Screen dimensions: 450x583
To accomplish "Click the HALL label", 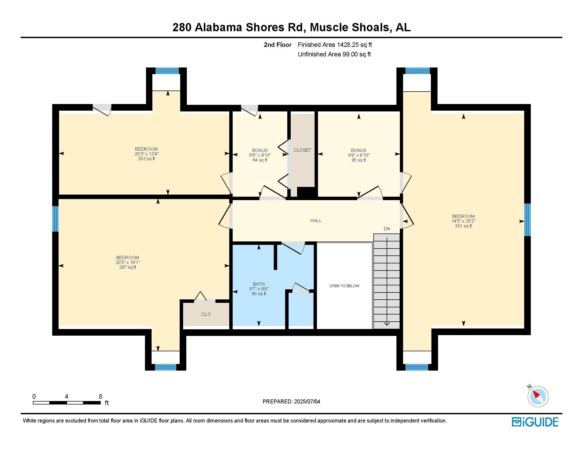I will [x=316, y=220].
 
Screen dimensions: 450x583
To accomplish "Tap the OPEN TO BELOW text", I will [x=344, y=286].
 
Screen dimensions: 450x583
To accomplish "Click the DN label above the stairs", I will [x=387, y=229].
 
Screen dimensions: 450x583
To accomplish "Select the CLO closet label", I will [x=206, y=314].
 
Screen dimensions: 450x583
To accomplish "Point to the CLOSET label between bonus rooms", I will [x=302, y=150].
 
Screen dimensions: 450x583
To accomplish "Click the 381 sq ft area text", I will [x=463, y=226].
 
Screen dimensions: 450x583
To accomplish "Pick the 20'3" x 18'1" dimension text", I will [x=128, y=262].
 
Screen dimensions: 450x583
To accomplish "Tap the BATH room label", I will [x=259, y=284].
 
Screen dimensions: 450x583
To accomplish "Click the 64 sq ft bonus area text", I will [x=260, y=160].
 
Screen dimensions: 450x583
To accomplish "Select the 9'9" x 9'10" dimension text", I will [x=359, y=155].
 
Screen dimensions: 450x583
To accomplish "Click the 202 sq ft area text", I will [x=146, y=159].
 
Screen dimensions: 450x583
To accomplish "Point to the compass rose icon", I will [x=538, y=397].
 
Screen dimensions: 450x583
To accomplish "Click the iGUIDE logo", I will [x=535, y=422].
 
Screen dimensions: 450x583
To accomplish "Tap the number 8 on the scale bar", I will [x=100, y=397].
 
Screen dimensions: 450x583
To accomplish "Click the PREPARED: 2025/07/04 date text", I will [x=291, y=402].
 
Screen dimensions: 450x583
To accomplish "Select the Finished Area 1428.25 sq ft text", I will [x=335, y=45].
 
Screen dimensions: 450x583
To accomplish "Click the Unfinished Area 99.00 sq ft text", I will [x=334, y=54].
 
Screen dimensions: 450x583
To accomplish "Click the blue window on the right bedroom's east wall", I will [x=527, y=220].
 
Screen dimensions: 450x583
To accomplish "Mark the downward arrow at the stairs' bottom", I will [x=387, y=324].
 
